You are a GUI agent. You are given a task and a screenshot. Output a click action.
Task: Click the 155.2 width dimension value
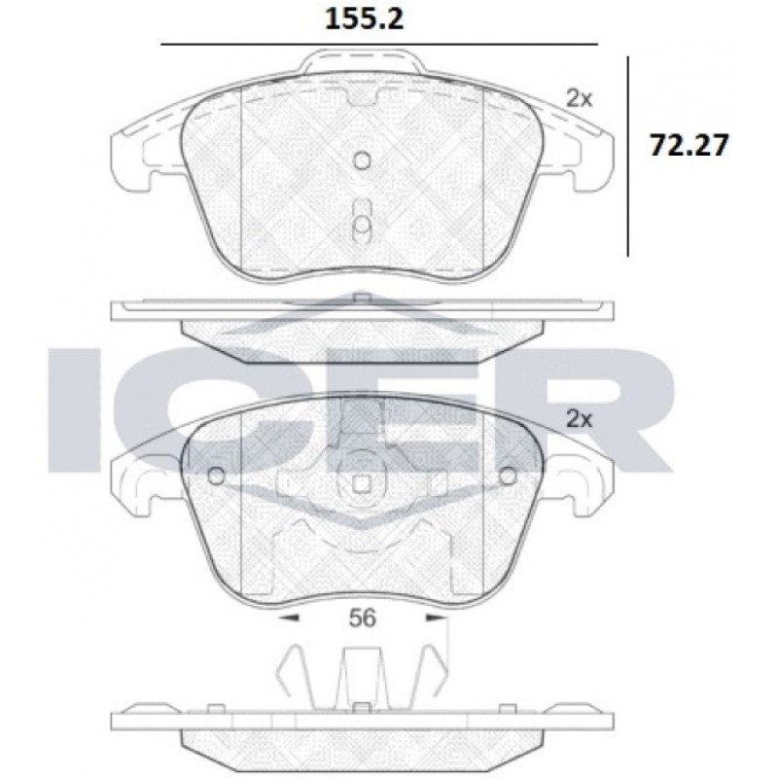[x=364, y=19]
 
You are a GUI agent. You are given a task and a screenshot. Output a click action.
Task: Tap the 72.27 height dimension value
[x=690, y=146]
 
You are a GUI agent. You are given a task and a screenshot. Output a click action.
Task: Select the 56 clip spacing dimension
[x=363, y=619]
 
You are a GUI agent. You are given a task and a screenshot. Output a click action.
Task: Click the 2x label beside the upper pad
[x=580, y=99]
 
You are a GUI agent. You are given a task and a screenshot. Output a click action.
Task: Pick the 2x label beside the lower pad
[x=580, y=420]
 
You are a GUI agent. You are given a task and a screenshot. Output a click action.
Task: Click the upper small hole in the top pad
[x=362, y=159]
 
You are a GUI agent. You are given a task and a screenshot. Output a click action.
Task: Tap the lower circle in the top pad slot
[x=362, y=225]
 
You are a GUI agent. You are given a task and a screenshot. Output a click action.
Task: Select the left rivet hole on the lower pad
[x=216, y=476]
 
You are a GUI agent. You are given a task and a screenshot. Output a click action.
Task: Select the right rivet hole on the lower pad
[x=507, y=476]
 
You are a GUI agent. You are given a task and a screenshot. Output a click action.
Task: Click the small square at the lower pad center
[x=362, y=483]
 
